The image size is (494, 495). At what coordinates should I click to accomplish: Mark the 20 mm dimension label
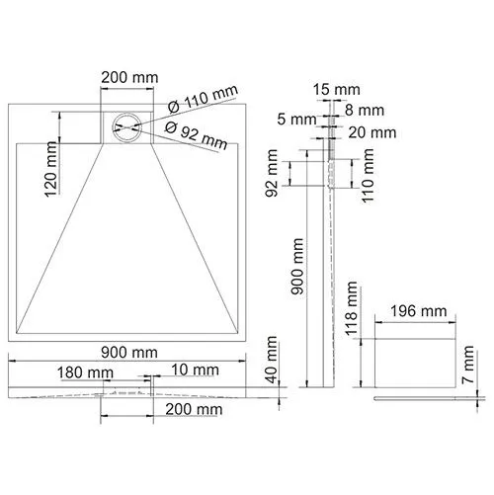pos(371,131)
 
